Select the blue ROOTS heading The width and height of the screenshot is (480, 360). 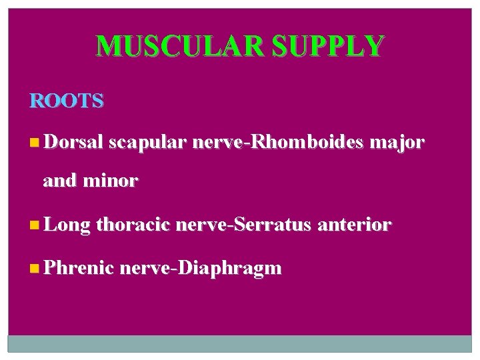67,101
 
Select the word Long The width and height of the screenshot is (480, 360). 67,226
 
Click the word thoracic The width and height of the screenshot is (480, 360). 134,225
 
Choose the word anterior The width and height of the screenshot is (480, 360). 354,225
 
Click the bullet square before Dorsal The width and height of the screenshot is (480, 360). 35,143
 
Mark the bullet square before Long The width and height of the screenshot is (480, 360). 35,226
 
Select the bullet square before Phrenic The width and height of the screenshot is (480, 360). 35,269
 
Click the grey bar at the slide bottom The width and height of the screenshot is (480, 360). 240,343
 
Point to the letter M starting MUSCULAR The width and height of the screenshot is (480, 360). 107,46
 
